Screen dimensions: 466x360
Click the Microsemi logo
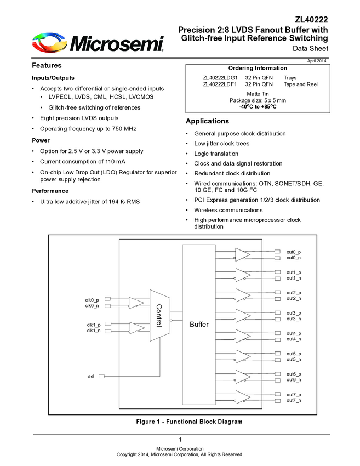tap(98, 42)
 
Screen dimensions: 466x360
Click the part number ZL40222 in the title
tap(311, 19)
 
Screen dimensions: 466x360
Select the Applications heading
tap(207, 121)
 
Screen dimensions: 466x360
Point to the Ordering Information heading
tap(257, 68)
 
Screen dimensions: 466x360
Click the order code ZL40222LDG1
tap(220, 78)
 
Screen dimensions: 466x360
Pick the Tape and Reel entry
tap(300, 84)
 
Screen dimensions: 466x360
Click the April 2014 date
tap(317, 60)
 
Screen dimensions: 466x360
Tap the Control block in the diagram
tap(159, 315)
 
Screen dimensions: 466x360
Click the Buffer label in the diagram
tap(199, 325)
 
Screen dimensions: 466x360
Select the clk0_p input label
tap(92, 299)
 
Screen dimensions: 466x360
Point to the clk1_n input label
tap(93, 331)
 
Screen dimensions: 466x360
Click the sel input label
tap(91, 377)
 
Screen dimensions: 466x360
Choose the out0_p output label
tap(294, 252)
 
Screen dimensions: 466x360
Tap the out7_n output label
tap(294, 401)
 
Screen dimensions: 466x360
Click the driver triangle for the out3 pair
tap(242, 315)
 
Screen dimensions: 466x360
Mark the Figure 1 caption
tap(189, 422)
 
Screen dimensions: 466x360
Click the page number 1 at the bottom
tap(180, 440)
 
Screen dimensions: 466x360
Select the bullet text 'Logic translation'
tap(216, 154)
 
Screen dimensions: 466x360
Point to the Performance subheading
tap(50, 191)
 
